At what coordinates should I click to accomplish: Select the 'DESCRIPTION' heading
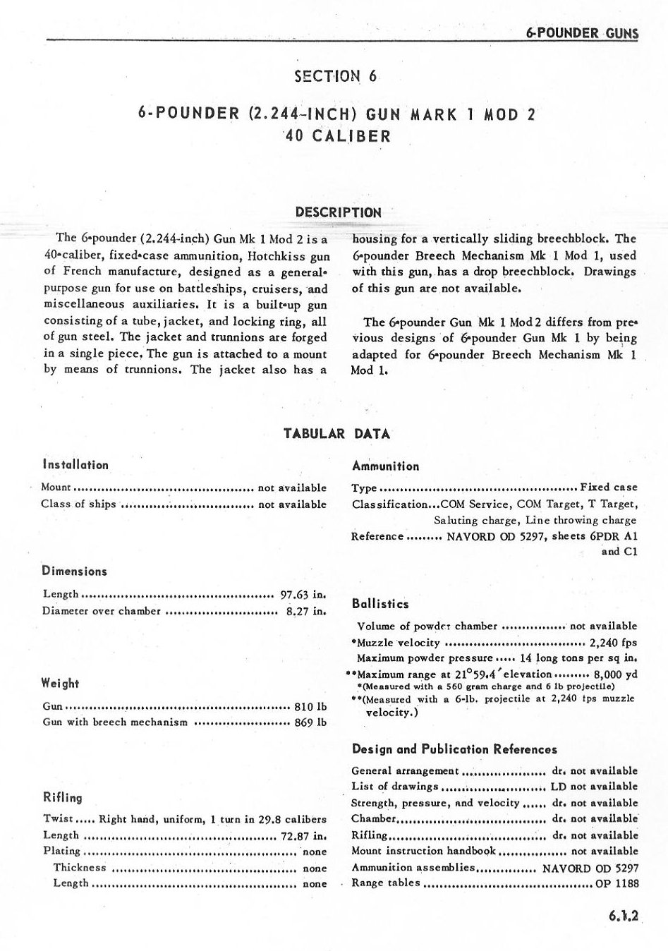point(338,212)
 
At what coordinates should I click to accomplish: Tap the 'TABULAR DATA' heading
point(336,434)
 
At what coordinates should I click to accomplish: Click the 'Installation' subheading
point(75,465)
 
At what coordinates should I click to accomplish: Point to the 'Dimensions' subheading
point(74,571)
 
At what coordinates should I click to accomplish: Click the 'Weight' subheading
point(61,684)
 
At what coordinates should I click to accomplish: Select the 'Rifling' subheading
point(63,798)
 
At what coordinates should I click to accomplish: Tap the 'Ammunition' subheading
point(385,466)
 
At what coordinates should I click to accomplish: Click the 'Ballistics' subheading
point(380,604)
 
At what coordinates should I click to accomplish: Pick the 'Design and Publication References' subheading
point(454,749)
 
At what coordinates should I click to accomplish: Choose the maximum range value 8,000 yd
point(616,674)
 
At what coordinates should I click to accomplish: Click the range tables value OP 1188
point(617,883)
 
